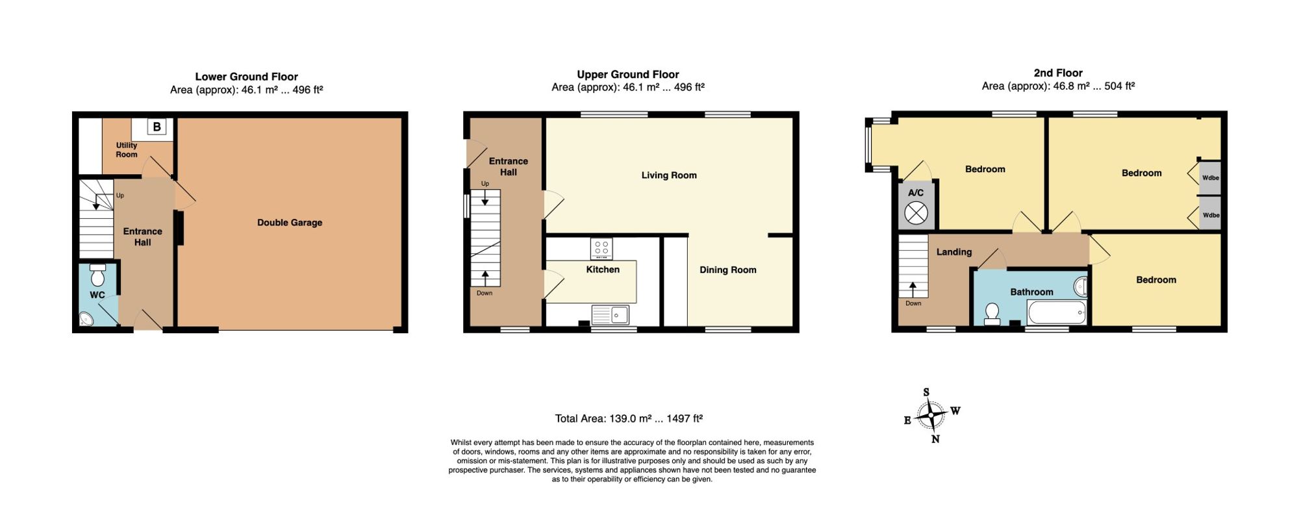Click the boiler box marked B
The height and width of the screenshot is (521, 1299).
click(157, 127)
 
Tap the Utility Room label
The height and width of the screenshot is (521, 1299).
click(127, 150)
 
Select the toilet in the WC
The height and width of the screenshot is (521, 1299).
click(97, 275)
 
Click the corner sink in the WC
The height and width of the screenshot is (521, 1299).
click(86, 318)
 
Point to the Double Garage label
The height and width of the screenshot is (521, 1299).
click(290, 222)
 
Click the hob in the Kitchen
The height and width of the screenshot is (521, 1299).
click(601, 249)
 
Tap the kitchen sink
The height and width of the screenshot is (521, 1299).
click(610, 314)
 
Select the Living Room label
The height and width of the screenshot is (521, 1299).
click(669, 175)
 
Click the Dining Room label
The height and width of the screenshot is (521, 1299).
click(728, 270)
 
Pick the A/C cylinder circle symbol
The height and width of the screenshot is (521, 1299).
click(916, 213)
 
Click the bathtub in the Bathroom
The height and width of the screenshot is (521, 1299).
click(1056, 312)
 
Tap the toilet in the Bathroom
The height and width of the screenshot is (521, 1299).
click(992, 314)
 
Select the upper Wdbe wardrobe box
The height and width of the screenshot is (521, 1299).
click(1210, 177)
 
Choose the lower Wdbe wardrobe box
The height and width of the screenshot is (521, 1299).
click(1210, 214)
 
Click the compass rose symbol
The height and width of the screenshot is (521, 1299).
click(931, 414)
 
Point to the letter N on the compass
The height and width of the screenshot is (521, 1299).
click(935, 439)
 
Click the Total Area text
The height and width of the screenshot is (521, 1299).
click(629, 419)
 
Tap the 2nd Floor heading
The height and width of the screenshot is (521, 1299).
click(1058, 73)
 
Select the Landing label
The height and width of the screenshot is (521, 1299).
click(954, 252)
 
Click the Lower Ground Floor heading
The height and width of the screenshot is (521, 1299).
click(247, 77)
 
